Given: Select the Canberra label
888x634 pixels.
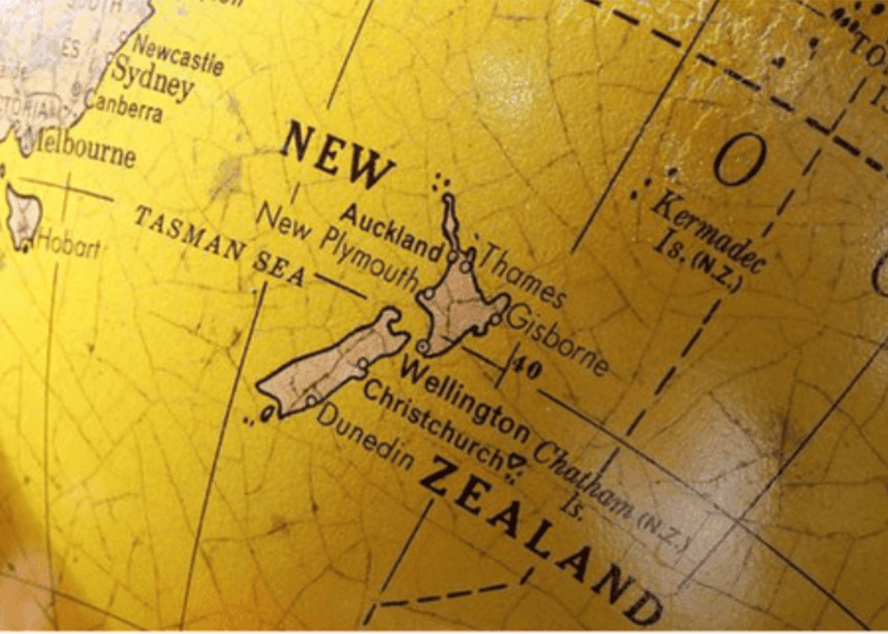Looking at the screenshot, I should coord(125,107).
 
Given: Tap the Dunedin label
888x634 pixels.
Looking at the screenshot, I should coord(366,436).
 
